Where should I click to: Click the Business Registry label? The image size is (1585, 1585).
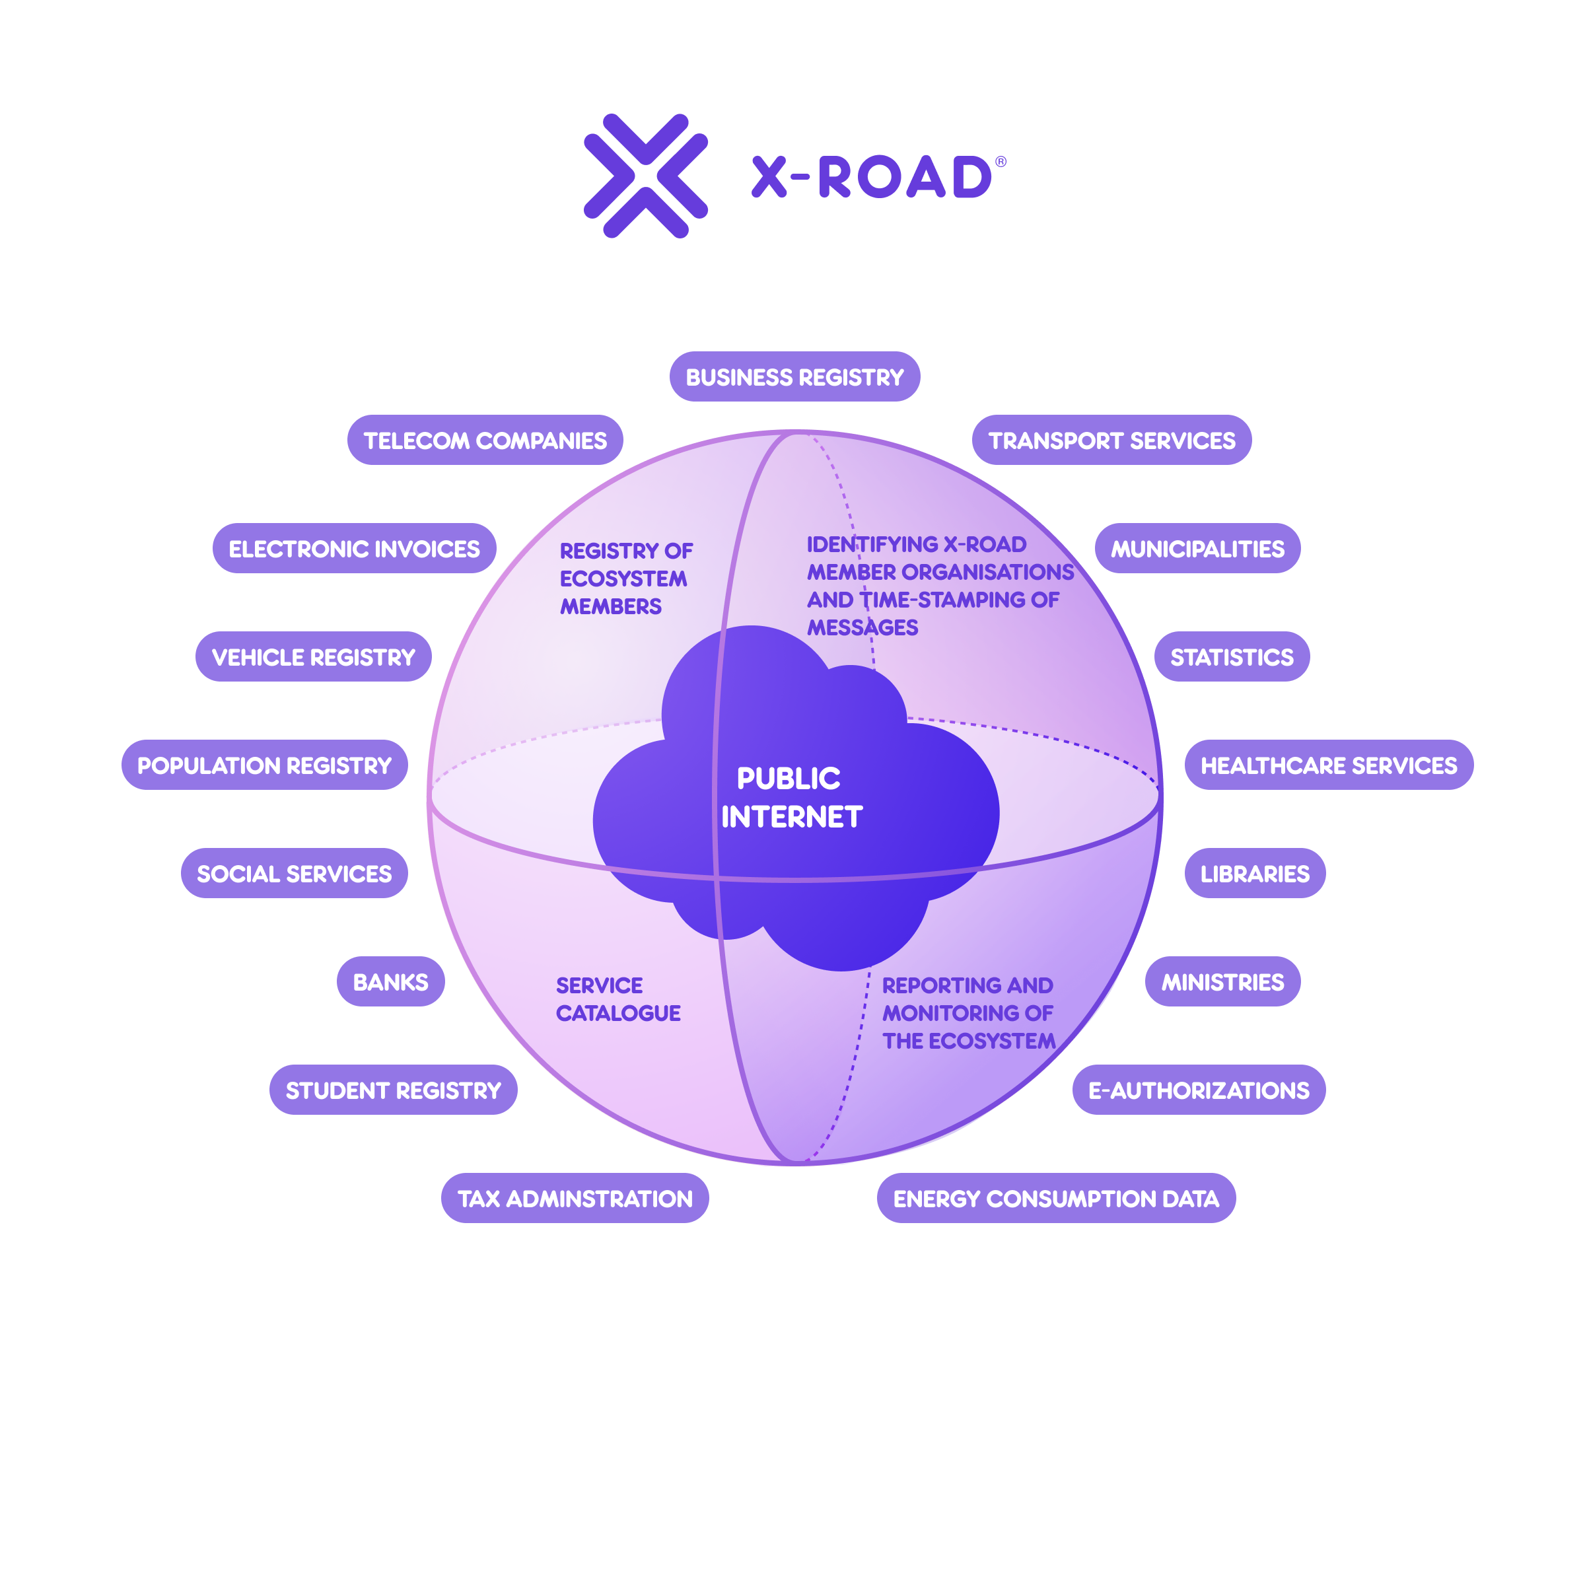tap(794, 377)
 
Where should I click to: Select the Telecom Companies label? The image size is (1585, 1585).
tap(485, 440)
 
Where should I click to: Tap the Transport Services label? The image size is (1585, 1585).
tap(1111, 440)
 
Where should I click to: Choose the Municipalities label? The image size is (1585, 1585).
tap(1197, 549)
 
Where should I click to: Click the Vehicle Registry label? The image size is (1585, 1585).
tap(314, 657)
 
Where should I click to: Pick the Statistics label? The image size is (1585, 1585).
tap(1232, 657)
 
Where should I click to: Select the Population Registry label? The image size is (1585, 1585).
tap(264, 765)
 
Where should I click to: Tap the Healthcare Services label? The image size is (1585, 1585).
tap(1328, 765)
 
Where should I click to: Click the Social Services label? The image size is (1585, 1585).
tap(294, 874)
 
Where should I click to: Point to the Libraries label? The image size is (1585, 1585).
tap(1254, 874)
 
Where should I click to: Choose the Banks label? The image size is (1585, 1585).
tap(390, 982)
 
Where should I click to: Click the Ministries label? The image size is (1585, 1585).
tap(1222, 982)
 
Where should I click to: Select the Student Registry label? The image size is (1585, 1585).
tap(393, 1090)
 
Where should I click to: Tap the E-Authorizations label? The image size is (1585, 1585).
tap(1199, 1090)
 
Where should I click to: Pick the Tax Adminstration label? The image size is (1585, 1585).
tap(575, 1199)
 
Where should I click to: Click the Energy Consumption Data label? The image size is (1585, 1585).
tap(1056, 1199)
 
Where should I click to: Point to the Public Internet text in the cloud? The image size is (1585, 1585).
tap(791, 797)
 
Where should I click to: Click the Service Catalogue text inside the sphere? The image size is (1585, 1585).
tap(617, 999)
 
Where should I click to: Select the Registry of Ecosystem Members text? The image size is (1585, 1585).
tap(625, 579)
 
